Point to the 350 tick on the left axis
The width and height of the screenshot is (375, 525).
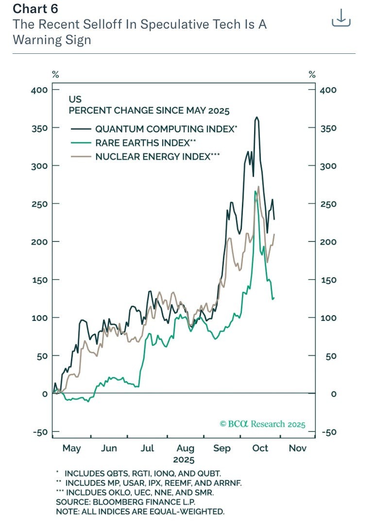point(39,128)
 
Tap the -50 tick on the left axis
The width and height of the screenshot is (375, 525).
point(39,432)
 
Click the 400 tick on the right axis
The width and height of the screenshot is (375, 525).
point(328,90)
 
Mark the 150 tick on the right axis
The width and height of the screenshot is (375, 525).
point(328,280)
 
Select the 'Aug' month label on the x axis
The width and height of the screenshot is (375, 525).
point(185,448)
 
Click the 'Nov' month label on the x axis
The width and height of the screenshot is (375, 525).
point(298,448)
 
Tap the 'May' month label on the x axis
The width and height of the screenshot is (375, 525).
point(71,448)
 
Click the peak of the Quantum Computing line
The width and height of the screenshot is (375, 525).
point(257,117)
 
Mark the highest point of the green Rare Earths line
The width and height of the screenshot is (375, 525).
point(256,191)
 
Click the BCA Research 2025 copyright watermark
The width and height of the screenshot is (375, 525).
point(262,424)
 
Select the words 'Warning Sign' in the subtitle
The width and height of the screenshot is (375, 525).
point(52,39)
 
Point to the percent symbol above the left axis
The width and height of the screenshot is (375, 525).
point(56,75)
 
